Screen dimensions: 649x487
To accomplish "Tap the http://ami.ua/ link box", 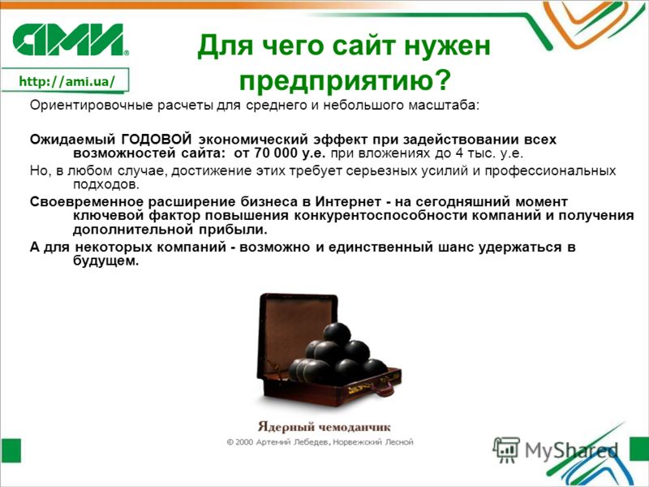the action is pos(66,80).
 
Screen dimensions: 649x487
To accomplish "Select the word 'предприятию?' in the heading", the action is pos(344,80).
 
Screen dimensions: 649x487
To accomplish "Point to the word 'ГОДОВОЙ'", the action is pos(157,139).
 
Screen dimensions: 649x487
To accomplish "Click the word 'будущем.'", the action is pos(105,261).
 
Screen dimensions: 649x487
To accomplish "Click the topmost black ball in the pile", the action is pos(337,334).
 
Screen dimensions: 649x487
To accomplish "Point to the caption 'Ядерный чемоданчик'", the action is pos(324,427).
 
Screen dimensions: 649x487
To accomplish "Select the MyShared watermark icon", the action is pos(506,450).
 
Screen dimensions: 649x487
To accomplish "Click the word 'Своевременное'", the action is pos(87,201).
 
